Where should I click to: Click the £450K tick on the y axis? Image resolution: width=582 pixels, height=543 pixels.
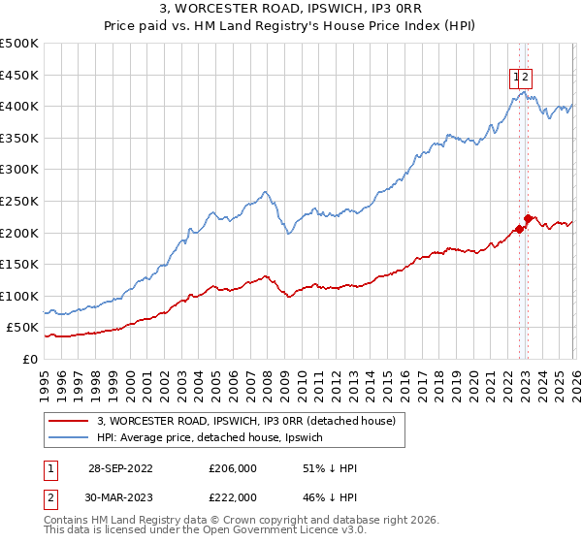click(x=19, y=75)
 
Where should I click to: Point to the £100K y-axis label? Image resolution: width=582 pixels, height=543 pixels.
click(x=19, y=296)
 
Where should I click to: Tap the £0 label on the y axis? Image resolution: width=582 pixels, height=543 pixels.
click(x=28, y=359)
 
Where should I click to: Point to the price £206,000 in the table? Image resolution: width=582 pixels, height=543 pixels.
click(x=232, y=468)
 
